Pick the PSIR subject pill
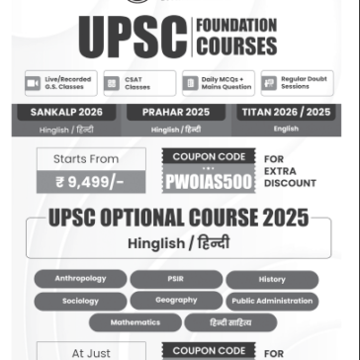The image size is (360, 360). tap(176, 280)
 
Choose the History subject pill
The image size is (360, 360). tap(271, 280)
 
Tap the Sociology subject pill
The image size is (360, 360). tap(81, 301)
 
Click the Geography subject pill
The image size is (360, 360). tap(176, 301)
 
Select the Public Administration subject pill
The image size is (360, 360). tap(271, 301)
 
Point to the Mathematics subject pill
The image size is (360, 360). tap(135, 321)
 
